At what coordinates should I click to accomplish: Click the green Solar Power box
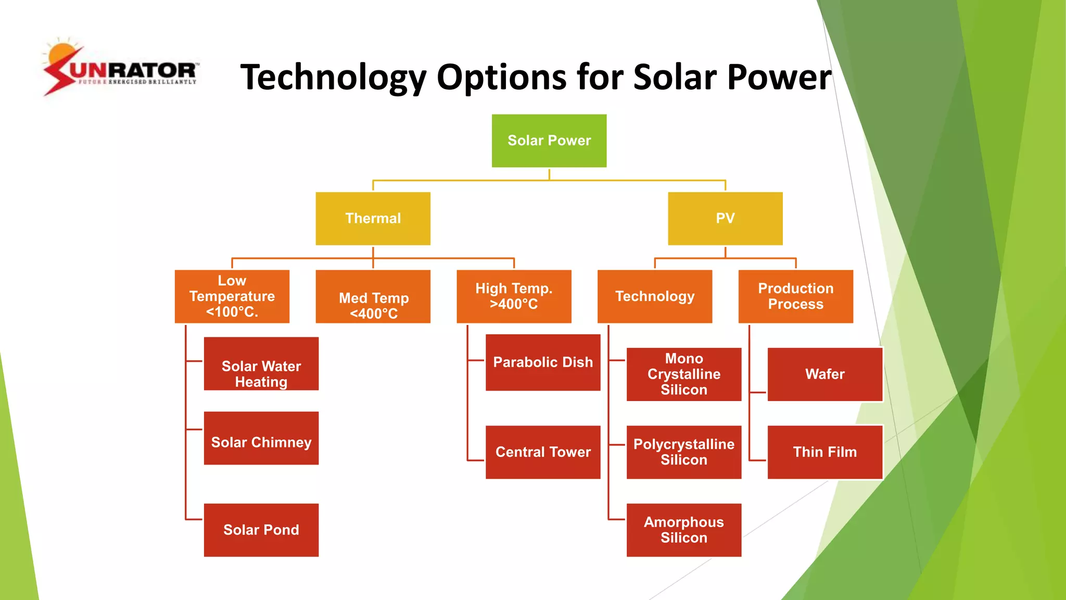pyautogui.click(x=549, y=141)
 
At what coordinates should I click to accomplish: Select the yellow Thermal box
pyautogui.click(x=373, y=218)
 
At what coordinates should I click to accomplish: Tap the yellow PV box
pyautogui.click(x=725, y=218)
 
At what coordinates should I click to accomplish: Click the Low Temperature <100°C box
pyautogui.click(x=232, y=296)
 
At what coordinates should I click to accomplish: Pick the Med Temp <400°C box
pyautogui.click(x=373, y=296)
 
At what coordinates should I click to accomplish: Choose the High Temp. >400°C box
pyautogui.click(x=514, y=296)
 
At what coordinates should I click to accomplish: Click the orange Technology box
pyautogui.click(x=655, y=296)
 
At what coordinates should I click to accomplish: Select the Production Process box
pyautogui.click(x=795, y=296)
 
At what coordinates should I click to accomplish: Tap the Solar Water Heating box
pyautogui.click(x=261, y=364)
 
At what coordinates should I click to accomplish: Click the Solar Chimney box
pyautogui.click(x=261, y=438)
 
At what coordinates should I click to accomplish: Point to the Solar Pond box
pyautogui.click(x=261, y=530)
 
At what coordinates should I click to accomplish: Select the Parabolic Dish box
pyautogui.click(x=543, y=362)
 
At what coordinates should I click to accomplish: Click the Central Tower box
pyautogui.click(x=543, y=452)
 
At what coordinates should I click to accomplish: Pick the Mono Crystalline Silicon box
pyautogui.click(x=684, y=374)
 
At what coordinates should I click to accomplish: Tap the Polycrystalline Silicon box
pyautogui.click(x=684, y=452)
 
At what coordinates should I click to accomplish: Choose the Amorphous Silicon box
pyautogui.click(x=684, y=530)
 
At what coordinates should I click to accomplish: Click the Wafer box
pyautogui.click(x=825, y=374)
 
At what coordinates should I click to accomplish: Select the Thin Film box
pyautogui.click(x=825, y=452)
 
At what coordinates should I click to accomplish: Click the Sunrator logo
pyautogui.click(x=120, y=68)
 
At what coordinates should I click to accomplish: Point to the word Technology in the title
pyautogui.click(x=333, y=78)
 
